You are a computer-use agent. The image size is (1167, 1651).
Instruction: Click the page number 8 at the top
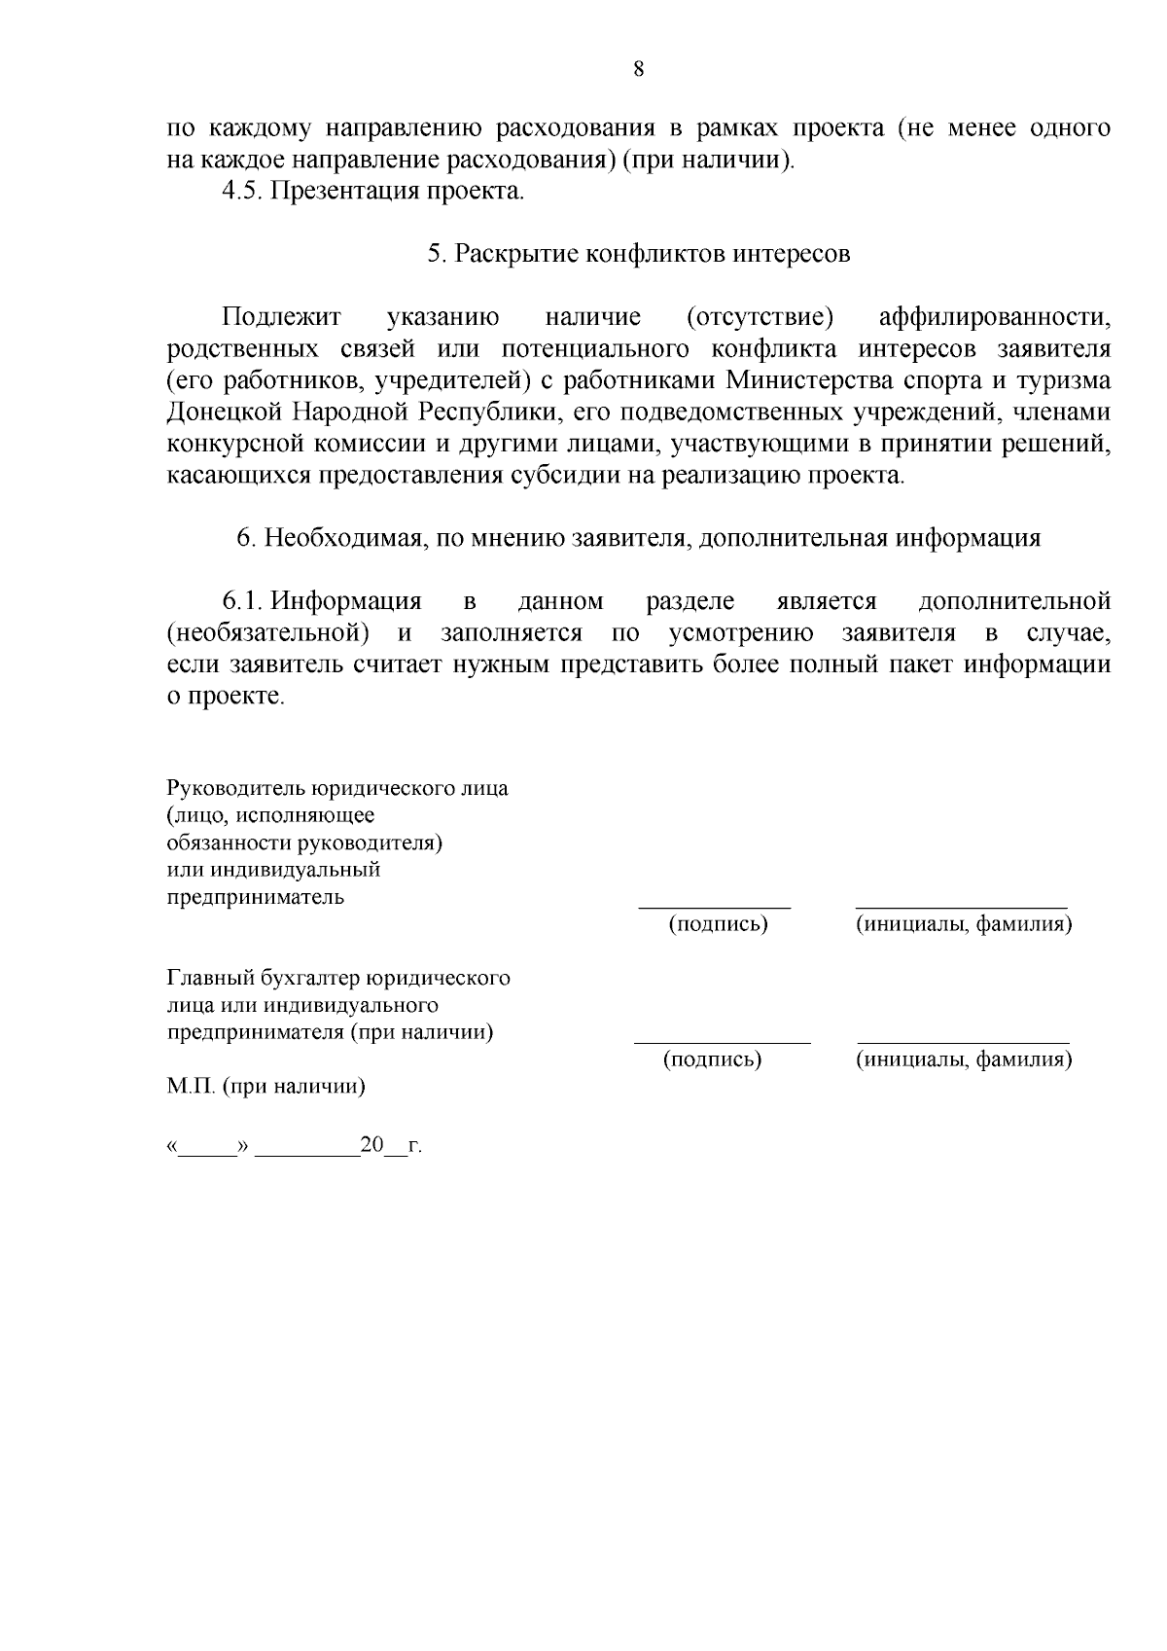(x=638, y=69)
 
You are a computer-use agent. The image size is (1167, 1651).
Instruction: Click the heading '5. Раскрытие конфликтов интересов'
(x=639, y=255)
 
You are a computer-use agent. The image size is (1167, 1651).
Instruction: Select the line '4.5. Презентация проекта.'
(x=373, y=191)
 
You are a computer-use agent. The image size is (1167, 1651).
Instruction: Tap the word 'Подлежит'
(x=282, y=318)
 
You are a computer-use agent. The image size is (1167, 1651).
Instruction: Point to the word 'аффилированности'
(x=994, y=318)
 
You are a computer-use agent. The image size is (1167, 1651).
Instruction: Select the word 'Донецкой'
(x=224, y=413)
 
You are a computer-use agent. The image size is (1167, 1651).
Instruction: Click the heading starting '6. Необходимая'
(x=639, y=539)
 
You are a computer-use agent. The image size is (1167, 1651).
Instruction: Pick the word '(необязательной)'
(x=268, y=634)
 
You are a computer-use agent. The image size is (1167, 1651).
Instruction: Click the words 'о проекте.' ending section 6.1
(x=226, y=698)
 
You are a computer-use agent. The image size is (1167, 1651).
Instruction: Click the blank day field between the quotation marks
(x=208, y=1149)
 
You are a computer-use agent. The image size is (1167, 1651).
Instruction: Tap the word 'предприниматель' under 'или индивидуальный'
(x=256, y=897)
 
